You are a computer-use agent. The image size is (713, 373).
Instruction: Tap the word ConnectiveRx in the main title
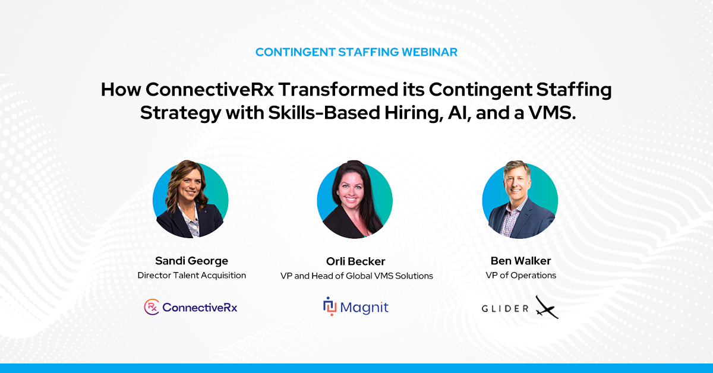point(209,90)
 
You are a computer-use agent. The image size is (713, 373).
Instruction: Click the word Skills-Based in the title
point(324,113)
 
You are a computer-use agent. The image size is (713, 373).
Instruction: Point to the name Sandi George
point(191,261)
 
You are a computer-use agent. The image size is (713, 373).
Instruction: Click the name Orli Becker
point(355,261)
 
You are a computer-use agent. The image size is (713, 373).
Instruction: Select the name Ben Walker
point(520,261)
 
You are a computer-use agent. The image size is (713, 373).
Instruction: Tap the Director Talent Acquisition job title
point(191,275)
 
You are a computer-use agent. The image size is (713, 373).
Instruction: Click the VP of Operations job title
point(520,275)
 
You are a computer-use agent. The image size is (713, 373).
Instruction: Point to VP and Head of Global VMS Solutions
point(356,276)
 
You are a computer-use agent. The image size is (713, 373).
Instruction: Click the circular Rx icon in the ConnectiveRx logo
point(152,307)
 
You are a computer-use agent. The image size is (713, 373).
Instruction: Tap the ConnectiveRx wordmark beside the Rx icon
point(200,308)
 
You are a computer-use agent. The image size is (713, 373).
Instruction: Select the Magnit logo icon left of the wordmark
point(330,306)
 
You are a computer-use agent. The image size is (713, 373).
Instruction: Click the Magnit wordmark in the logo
point(364,308)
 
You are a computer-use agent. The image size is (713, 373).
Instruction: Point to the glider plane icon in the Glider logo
point(547,307)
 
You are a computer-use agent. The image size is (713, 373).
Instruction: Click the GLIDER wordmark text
point(505,308)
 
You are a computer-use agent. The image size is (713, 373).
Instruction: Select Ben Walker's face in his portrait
point(516,184)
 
